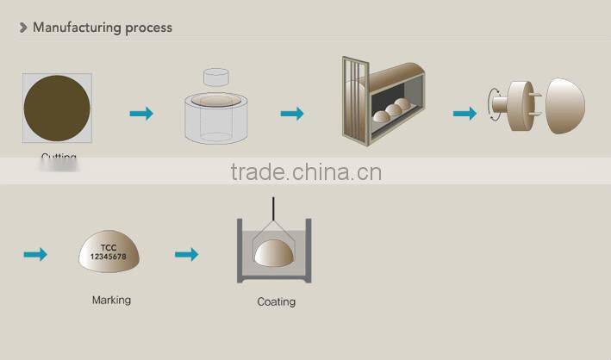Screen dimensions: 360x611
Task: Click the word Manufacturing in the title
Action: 76,28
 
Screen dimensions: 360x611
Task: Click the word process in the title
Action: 147,28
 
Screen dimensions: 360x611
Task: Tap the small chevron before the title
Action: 23,28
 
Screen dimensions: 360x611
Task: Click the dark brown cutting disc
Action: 57,109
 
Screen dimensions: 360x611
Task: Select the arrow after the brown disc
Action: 140,113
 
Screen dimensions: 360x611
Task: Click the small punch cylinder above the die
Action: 216,77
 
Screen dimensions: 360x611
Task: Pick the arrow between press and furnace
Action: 292,113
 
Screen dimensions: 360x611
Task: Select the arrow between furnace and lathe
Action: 464,113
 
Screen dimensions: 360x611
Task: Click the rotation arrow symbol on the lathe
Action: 494,105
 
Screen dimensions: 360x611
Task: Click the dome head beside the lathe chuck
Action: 565,106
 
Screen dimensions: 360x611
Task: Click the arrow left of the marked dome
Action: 35,254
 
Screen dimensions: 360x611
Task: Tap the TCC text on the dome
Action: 108,247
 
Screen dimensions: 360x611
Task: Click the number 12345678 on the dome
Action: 108,257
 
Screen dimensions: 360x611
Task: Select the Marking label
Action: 111,301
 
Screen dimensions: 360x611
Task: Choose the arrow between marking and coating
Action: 186,254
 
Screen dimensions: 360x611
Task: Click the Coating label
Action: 276,301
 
